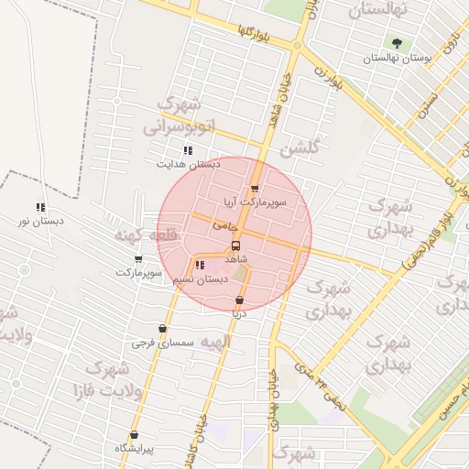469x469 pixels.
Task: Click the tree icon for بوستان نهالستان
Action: (x=397, y=42)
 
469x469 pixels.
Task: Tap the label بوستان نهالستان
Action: (x=397, y=58)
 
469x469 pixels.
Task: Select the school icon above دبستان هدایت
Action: (x=188, y=150)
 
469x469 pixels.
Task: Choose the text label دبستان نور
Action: (x=36, y=222)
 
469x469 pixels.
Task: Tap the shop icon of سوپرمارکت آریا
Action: (x=255, y=190)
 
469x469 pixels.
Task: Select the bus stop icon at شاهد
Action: (x=235, y=245)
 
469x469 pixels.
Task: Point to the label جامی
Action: (x=224, y=224)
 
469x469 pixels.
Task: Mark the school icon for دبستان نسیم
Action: (x=200, y=266)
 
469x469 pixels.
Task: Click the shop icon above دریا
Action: (x=239, y=300)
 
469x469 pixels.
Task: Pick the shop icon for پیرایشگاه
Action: (x=135, y=435)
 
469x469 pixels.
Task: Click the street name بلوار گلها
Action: (x=256, y=35)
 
